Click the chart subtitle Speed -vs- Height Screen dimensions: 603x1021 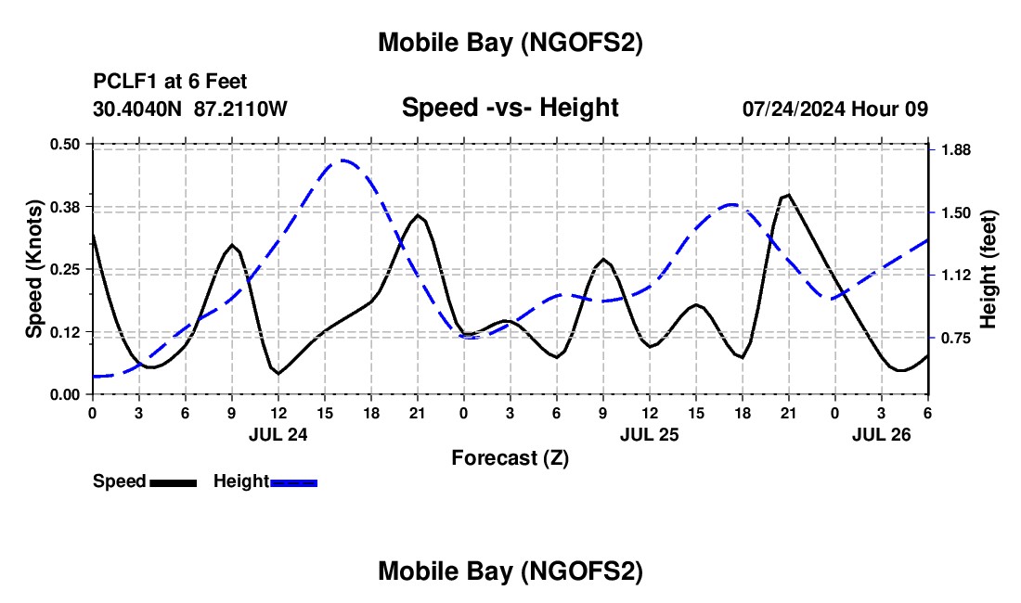point(510,108)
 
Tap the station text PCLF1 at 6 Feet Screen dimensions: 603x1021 point(170,83)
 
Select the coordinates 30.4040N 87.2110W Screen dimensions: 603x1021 point(190,109)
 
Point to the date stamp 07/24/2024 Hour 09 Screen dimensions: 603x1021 point(835,109)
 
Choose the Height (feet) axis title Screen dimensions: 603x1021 point(988,269)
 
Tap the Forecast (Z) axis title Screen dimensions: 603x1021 point(510,457)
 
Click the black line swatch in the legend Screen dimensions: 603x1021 point(173,481)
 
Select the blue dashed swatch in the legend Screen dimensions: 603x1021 point(293,481)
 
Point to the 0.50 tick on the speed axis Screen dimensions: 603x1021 point(66,144)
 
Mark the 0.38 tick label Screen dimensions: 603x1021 point(66,206)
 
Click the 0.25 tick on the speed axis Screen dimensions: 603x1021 point(66,269)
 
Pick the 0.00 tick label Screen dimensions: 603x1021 point(66,394)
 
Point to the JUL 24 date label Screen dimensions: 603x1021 point(278,434)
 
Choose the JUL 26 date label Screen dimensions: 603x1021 point(881,434)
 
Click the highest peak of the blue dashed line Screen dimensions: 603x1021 point(342,160)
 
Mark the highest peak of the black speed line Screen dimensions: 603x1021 point(788,195)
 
